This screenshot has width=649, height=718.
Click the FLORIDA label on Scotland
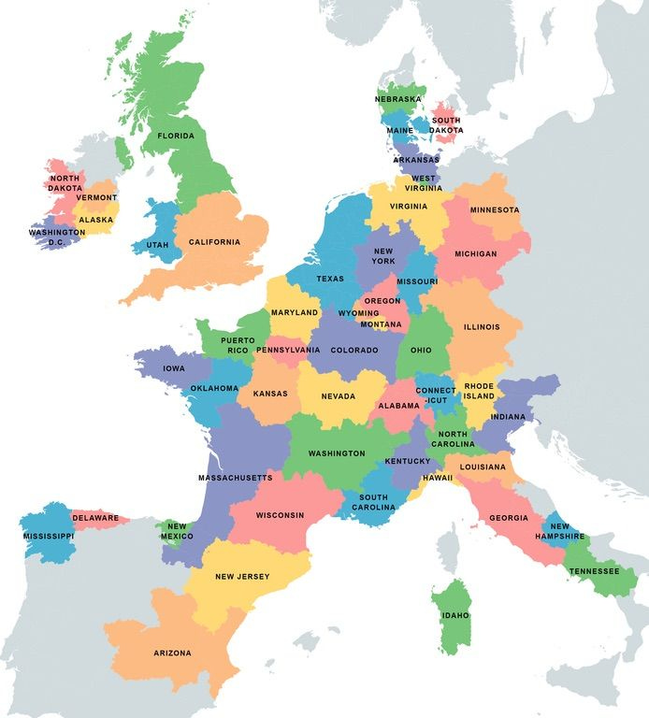pos(176,136)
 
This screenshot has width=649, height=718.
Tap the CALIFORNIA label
pos(214,242)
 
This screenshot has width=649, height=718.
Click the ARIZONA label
pos(171,653)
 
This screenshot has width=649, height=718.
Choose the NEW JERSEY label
pos(242,577)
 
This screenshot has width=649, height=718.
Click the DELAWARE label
pos(95,518)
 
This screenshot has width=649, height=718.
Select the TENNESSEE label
pos(594,570)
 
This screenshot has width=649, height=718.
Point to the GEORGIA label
pos(509,518)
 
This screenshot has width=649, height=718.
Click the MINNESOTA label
pos(495,209)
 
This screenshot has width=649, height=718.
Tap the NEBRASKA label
pos(398,98)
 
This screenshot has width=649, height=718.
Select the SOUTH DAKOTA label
pos(445,125)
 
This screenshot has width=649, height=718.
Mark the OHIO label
pos(421,351)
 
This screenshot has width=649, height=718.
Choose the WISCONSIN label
pos(280,515)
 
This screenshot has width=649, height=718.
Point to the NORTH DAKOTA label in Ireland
pos(65,182)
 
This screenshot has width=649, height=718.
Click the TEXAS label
pos(330,279)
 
